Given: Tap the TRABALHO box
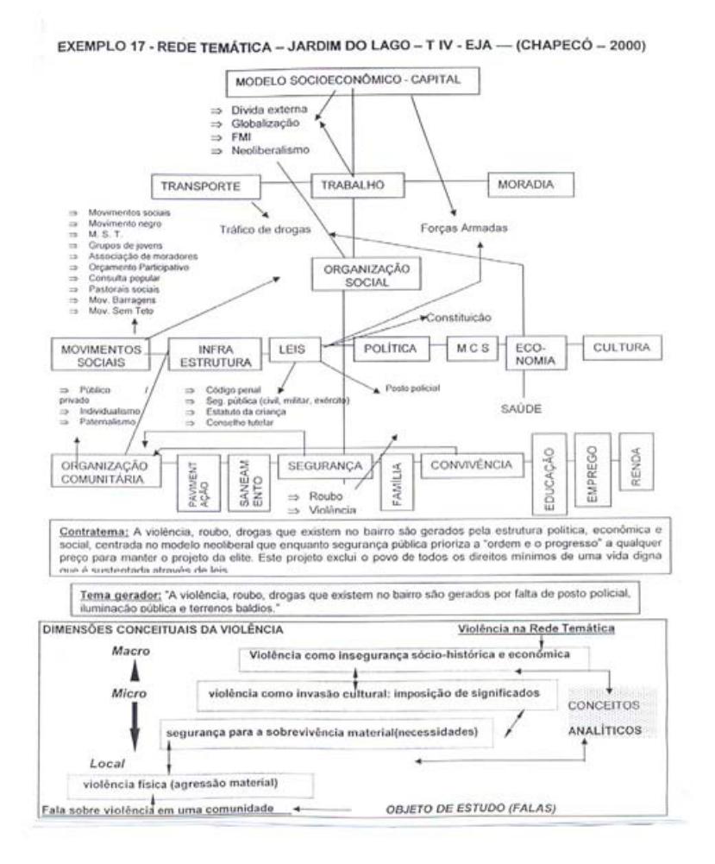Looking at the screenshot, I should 352,186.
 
